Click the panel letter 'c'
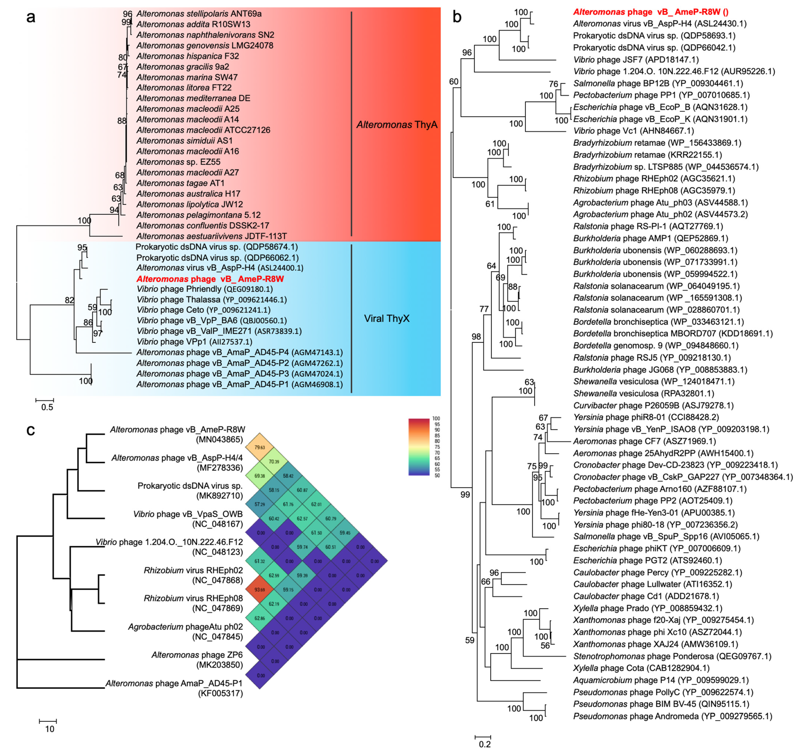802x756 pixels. tap(31, 430)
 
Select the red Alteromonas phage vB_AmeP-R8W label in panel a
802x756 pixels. tap(210, 279)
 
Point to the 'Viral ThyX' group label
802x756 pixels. tap(386, 319)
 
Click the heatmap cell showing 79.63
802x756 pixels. tap(260, 447)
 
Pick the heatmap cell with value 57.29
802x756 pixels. tap(260, 504)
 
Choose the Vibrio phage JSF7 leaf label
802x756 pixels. tap(636, 60)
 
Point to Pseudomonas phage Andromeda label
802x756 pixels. tap(673, 716)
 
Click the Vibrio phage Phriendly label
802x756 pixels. tap(205, 289)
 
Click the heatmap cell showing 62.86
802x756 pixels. tap(260, 618)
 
